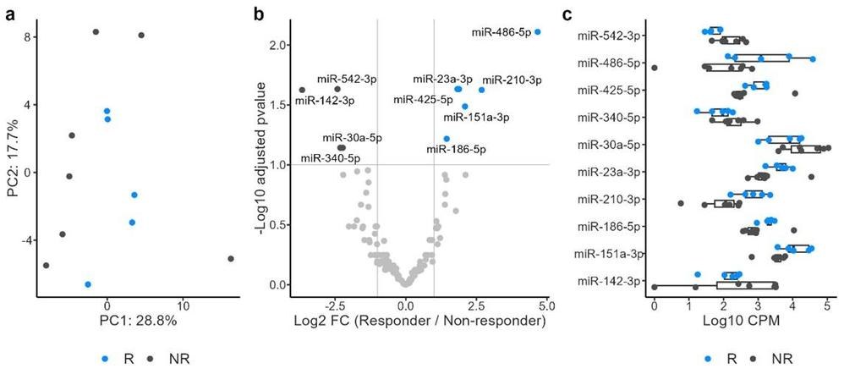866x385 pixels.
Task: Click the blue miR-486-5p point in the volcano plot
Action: pyautogui.click(x=538, y=32)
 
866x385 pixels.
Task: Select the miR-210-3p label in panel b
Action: pyautogui.click(x=512, y=80)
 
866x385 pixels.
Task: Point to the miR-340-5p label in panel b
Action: pyautogui.click(x=330, y=157)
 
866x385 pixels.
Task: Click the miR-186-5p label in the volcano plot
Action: pyautogui.click(x=456, y=150)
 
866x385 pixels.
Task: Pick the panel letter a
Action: pyautogui.click(x=9, y=13)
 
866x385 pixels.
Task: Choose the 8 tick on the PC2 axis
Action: pyautogui.click(x=28, y=37)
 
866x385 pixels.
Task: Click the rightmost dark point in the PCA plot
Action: pyautogui.click(x=231, y=259)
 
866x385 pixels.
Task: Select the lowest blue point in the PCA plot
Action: pyautogui.click(x=88, y=284)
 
